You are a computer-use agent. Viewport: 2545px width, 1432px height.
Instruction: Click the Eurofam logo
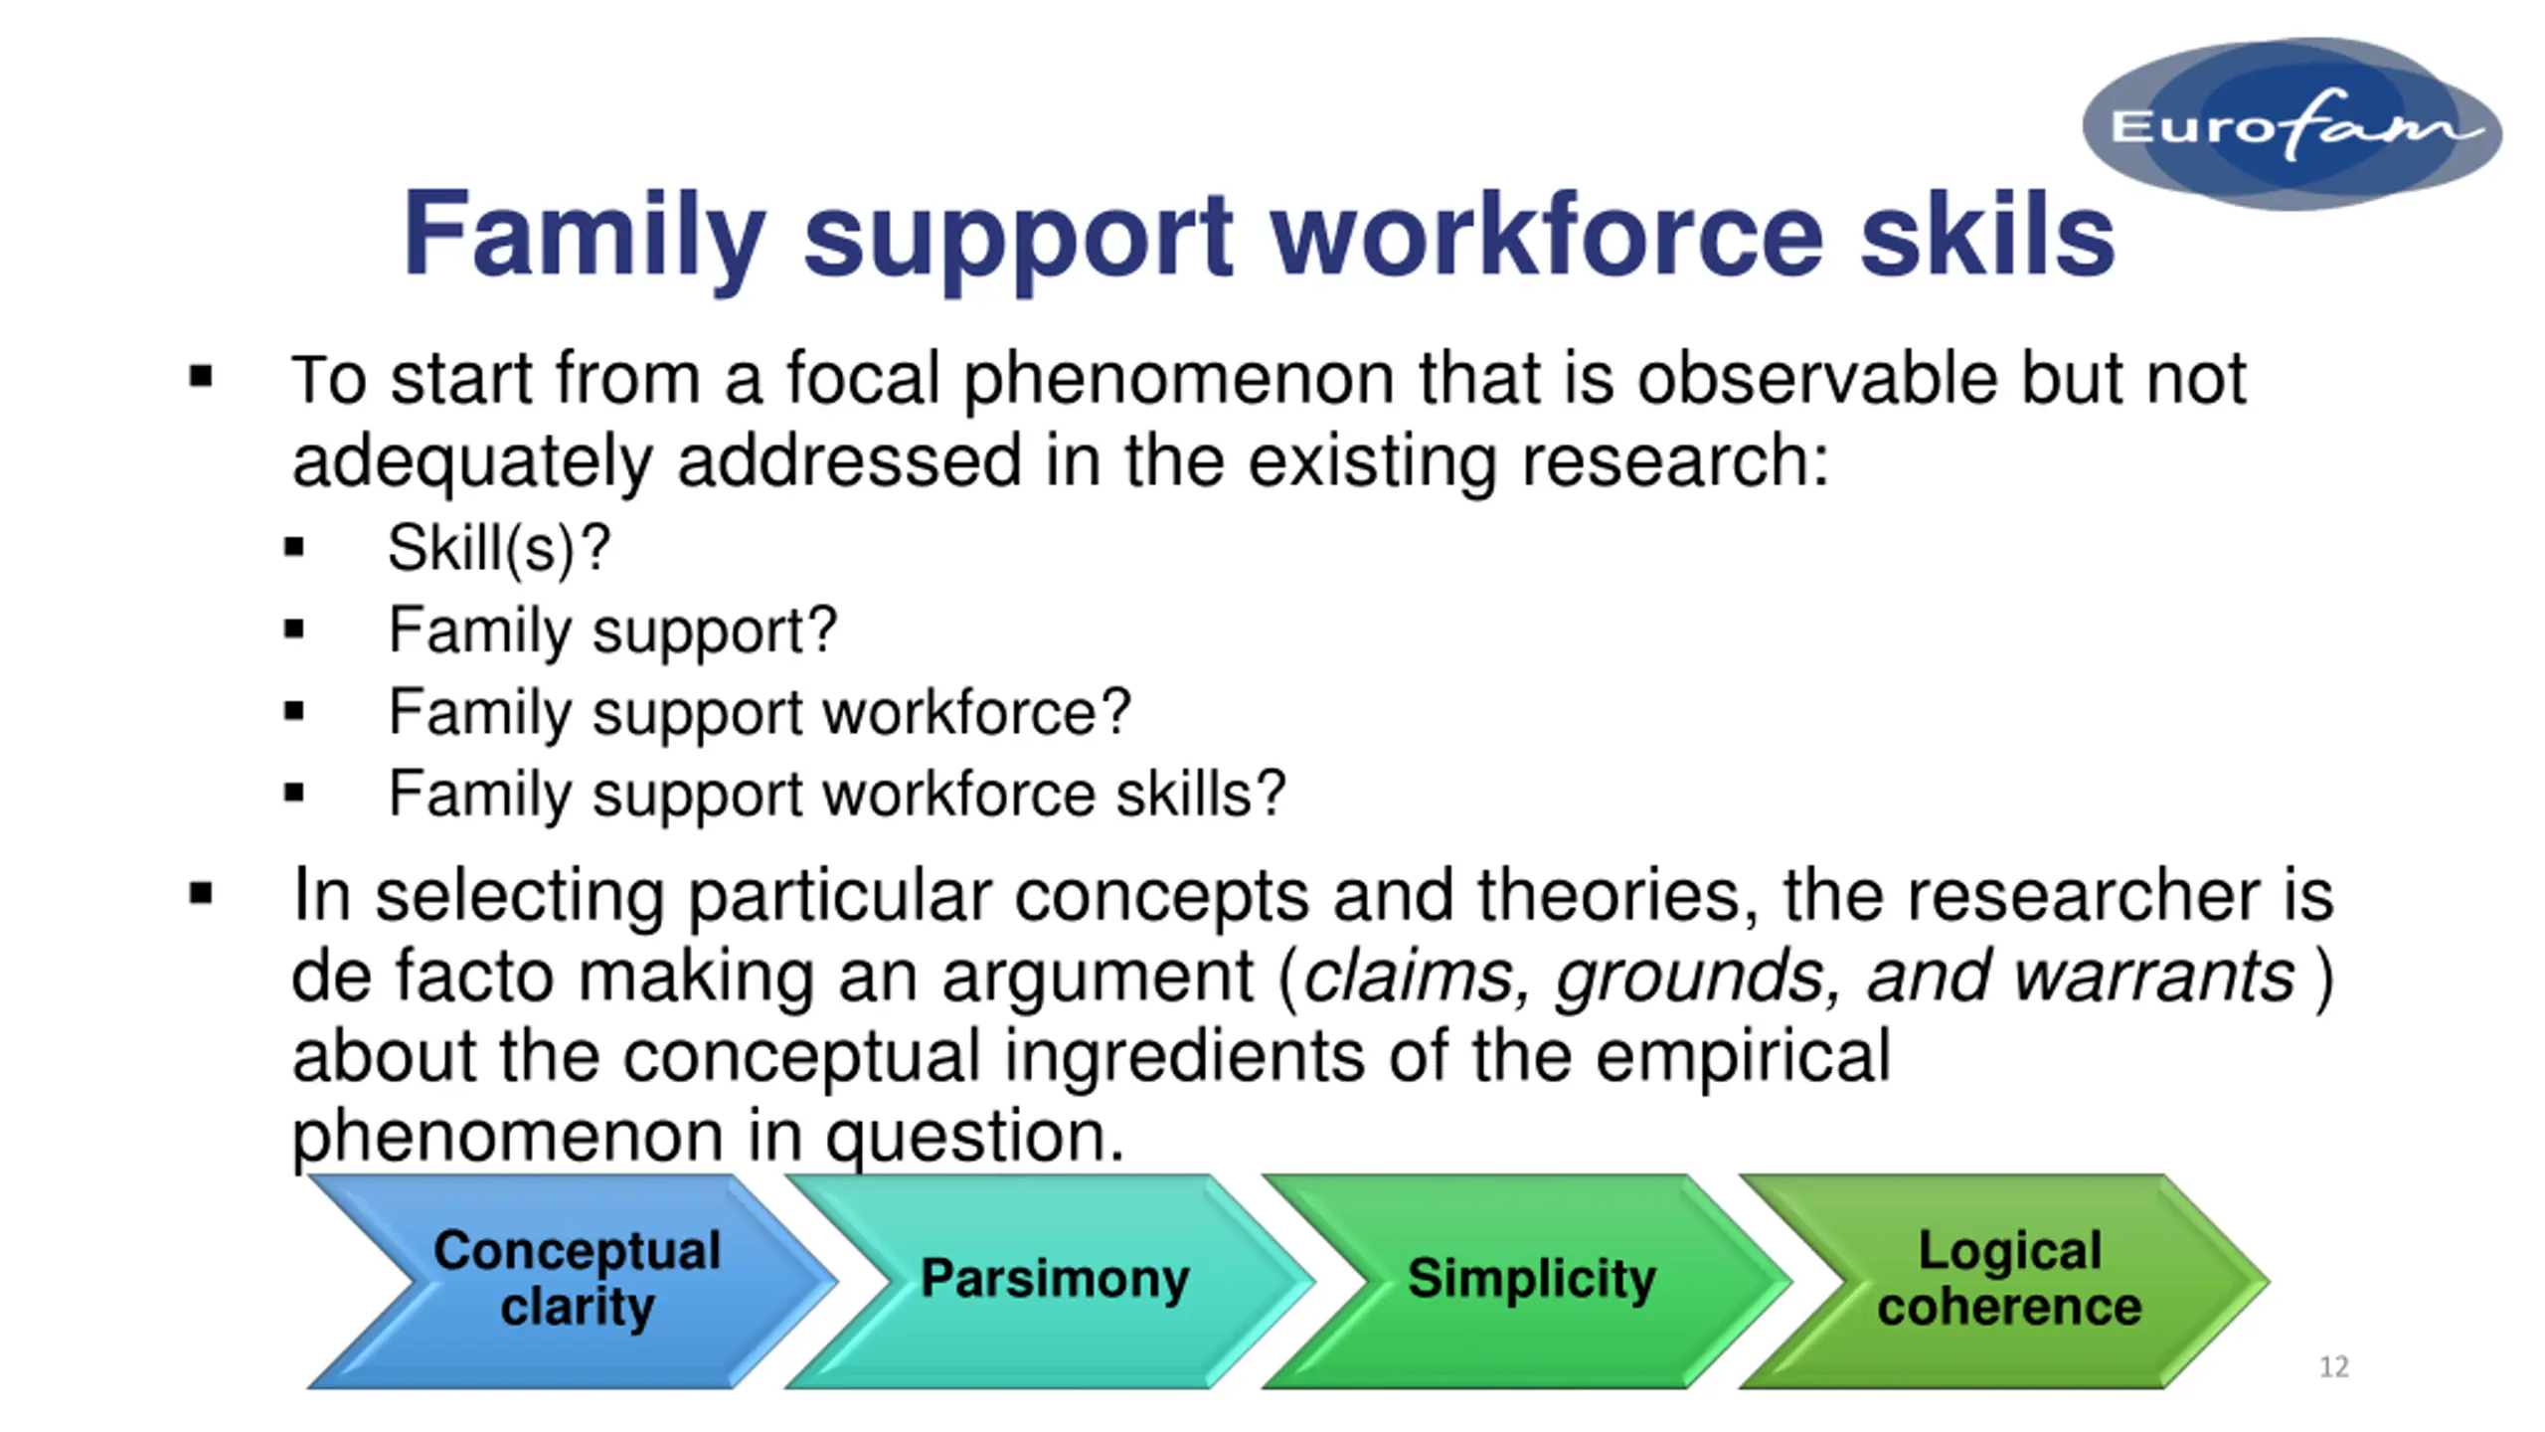pyautogui.click(x=2291, y=123)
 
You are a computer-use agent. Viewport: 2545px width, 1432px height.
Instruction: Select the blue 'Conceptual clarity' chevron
pyautogui.click(x=573, y=1281)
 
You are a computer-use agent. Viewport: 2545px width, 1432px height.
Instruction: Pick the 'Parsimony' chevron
pyautogui.click(x=1050, y=1281)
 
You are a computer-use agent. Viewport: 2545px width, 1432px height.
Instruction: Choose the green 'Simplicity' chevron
pyautogui.click(x=1527, y=1281)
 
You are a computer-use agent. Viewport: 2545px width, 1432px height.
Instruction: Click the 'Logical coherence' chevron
pyautogui.click(x=2004, y=1281)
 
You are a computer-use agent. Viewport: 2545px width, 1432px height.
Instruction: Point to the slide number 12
pyautogui.click(x=2334, y=1366)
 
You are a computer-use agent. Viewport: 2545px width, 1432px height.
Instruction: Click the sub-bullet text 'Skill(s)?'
pyautogui.click(x=499, y=549)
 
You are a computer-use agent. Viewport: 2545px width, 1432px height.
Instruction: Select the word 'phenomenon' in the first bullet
pyautogui.click(x=1179, y=382)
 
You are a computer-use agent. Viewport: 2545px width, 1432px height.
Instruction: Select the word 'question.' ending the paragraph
pyautogui.click(x=975, y=1138)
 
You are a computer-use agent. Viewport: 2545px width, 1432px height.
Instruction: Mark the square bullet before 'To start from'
pyautogui.click(x=201, y=376)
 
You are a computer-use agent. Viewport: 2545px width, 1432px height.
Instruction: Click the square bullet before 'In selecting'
pyautogui.click(x=201, y=893)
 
